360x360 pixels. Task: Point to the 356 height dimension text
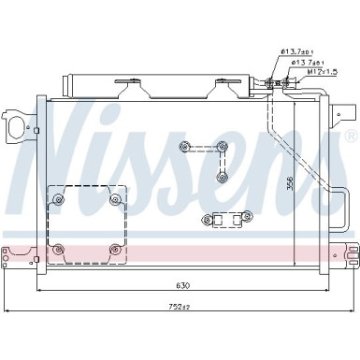pos(290,183)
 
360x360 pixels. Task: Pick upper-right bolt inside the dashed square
pos(115,198)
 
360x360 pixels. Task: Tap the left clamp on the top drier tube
pos(128,89)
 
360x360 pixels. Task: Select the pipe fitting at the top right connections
pos(274,83)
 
